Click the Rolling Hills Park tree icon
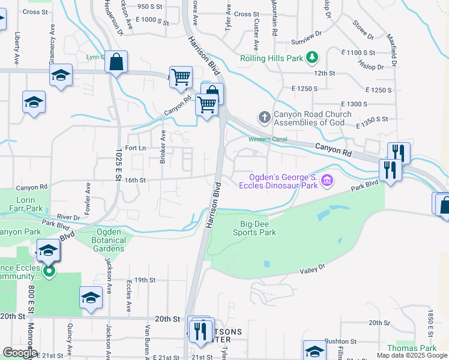312,58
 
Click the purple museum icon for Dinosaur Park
327,179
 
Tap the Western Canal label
268,139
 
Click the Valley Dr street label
312,268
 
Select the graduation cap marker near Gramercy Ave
61,76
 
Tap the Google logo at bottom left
19,353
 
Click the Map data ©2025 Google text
411,355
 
